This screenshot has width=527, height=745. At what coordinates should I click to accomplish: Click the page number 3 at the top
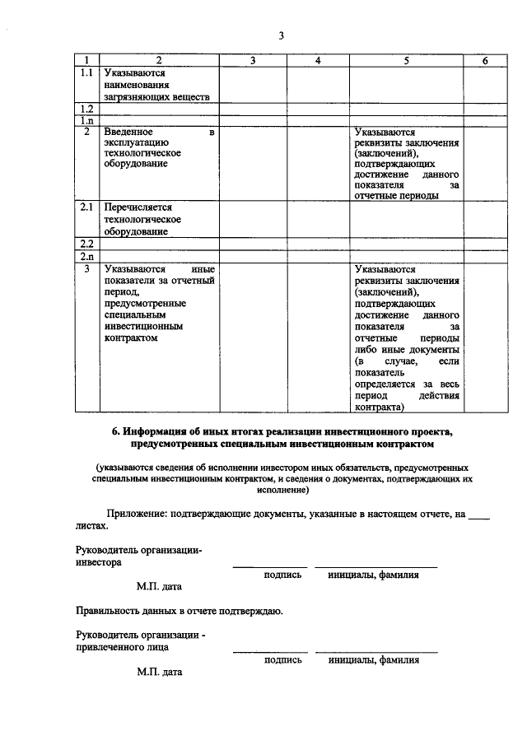coord(281,35)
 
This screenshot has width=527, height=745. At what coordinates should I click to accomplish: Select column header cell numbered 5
coord(406,60)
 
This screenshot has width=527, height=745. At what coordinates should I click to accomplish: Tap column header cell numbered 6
coord(485,60)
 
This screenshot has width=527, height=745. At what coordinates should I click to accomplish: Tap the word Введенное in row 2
coord(128,132)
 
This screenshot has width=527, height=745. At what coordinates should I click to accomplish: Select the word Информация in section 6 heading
coord(157,431)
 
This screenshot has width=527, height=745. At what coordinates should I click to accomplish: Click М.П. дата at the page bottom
coord(159,672)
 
